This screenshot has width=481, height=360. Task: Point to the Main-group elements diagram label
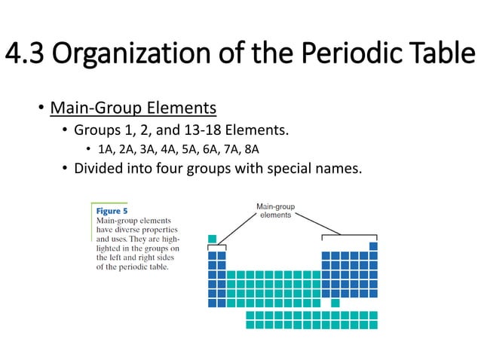point(275,210)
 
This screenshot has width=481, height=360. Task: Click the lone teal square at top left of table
point(213,239)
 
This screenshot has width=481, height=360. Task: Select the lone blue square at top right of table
point(373,246)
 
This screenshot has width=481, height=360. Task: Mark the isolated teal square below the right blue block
point(335,302)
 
